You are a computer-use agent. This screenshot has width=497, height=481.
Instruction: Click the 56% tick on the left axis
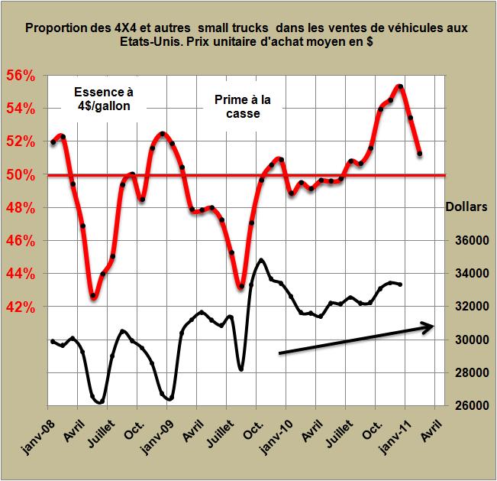click(22, 76)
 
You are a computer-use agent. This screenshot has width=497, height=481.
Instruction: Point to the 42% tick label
click(22, 307)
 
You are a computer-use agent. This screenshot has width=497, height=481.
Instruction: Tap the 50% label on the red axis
click(22, 174)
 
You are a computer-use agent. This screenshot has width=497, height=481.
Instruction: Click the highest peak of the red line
click(399, 86)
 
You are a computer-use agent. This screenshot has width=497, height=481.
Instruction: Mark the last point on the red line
click(420, 154)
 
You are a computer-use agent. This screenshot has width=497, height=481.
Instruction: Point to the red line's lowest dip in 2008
click(92, 296)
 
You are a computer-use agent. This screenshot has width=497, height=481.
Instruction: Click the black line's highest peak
click(262, 260)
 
